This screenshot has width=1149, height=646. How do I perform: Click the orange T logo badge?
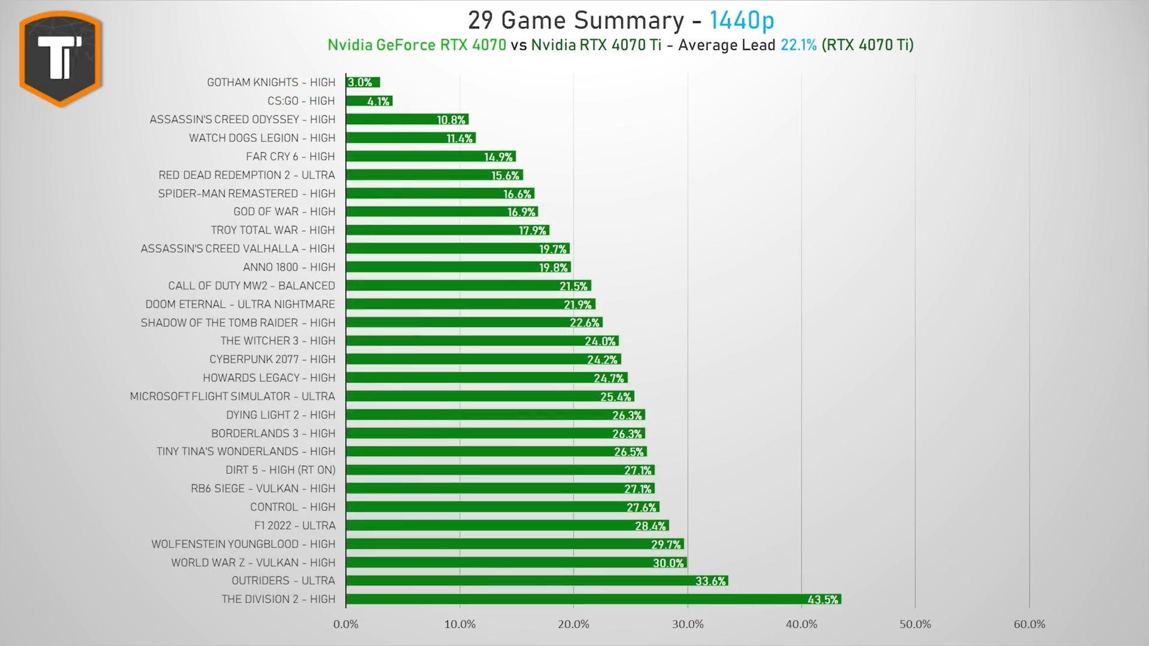(60, 58)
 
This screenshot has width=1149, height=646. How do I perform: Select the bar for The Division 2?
(592, 599)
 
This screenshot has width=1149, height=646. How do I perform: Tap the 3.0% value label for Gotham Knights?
(360, 83)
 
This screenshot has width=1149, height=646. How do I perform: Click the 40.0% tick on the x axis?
(801, 624)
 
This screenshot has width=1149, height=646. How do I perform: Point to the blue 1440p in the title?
(741, 21)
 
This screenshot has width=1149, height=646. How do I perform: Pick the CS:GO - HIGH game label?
(301, 101)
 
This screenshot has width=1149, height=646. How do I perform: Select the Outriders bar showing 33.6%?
(536, 581)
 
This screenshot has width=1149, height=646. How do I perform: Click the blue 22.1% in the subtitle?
(798, 45)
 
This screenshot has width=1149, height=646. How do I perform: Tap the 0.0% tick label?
(346, 624)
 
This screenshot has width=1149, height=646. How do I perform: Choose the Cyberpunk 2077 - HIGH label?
(272, 359)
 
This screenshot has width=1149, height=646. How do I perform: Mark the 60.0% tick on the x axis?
(1029, 624)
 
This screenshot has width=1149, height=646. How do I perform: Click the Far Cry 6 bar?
(430, 157)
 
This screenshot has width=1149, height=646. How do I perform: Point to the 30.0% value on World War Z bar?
(668, 563)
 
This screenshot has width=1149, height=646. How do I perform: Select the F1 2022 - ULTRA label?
(294, 526)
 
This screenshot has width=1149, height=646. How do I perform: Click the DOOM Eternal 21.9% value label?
(577, 304)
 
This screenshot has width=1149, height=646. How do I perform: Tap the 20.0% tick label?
(573, 624)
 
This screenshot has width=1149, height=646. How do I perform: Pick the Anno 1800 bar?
(458, 267)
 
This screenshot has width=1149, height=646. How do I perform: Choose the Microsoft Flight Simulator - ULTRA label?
(232, 397)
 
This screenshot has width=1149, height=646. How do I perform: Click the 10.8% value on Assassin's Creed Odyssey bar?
(451, 120)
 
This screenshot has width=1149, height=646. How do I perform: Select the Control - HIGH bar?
(502, 507)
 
